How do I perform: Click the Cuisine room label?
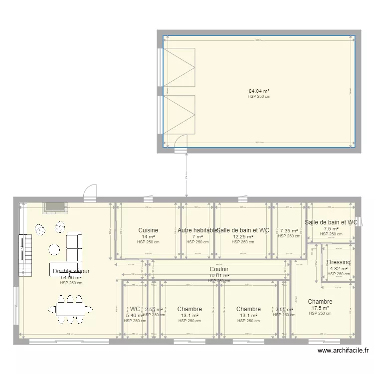click(149, 230)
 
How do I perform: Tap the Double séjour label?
click(71, 271)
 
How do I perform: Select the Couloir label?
click(219, 269)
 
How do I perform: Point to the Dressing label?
click(339, 263)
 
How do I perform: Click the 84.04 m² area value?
click(259, 91)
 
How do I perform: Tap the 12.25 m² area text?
click(243, 237)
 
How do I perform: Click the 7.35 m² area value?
click(289, 231)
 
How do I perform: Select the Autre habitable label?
click(197, 230)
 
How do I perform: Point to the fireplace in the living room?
click(54, 207)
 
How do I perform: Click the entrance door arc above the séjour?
click(89, 192)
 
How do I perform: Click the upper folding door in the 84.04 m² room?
click(180, 68)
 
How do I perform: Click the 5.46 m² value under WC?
click(135, 316)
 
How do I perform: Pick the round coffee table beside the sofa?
click(54, 249)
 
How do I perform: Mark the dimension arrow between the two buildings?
click(187, 175)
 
